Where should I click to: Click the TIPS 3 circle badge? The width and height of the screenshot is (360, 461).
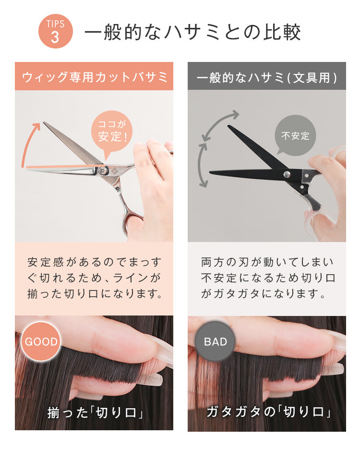point(56,31)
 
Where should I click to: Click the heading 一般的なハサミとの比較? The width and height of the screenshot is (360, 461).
point(193,32)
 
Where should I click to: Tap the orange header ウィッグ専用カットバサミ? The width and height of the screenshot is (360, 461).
point(94,76)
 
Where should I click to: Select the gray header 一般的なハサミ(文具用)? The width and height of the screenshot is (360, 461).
point(267,76)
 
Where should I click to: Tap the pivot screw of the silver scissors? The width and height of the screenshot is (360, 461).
point(102,170)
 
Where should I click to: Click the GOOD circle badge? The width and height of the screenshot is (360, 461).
point(41,341)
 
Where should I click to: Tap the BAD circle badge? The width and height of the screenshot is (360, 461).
point(215,341)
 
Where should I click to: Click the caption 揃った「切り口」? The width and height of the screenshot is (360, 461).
point(96,413)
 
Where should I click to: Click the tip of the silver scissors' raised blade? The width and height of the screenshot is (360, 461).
point(44,122)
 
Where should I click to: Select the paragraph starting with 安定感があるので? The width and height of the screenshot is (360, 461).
point(94,278)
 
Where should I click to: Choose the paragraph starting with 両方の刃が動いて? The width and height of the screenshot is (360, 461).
point(268,278)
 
